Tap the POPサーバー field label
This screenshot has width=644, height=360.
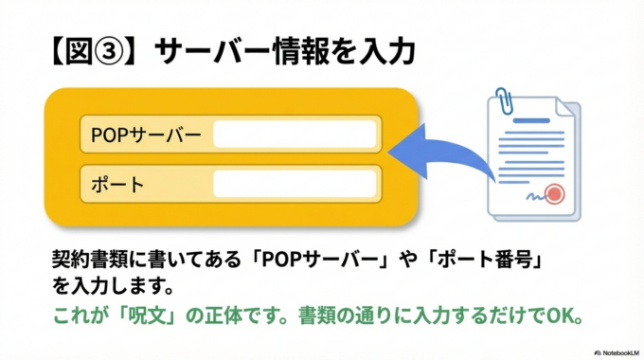[x=147, y=135]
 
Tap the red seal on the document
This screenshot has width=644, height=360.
[x=555, y=194]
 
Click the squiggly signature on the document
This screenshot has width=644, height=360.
[x=534, y=197]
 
